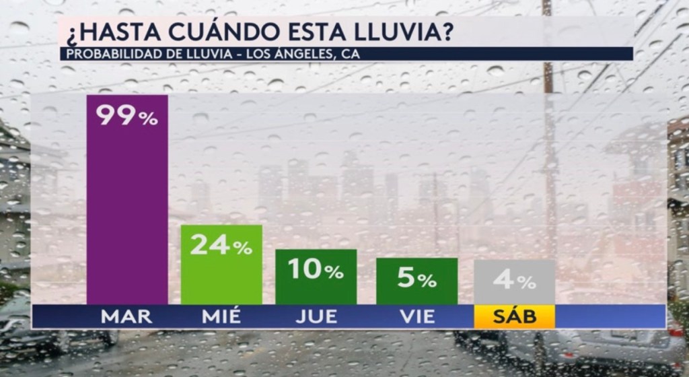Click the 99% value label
(127, 116)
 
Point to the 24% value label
(221, 245)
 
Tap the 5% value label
(416, 278)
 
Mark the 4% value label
(514, 279)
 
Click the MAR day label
(127, 316)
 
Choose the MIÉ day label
(221, 316)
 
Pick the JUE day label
(316, 316)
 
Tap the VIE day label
(416, 316)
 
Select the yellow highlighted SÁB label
(514, 316)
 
